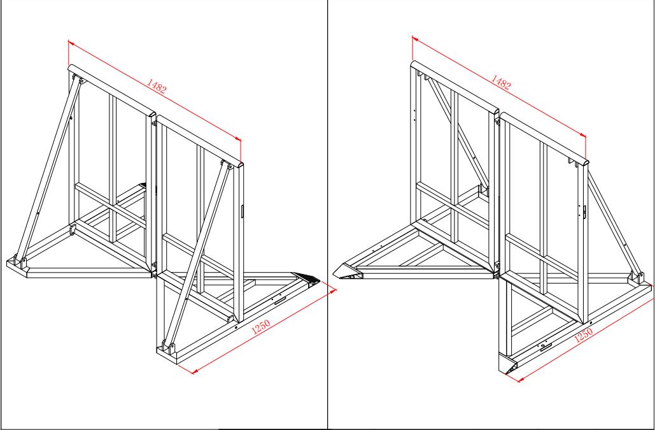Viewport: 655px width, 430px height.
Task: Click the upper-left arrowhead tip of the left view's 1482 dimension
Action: pos(68,41)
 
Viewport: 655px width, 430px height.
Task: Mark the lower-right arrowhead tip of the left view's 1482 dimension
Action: pos(241,140)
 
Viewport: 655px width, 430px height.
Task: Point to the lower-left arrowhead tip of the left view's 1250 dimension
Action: pos(192,373)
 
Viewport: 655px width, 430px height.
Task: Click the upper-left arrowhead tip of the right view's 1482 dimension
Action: pos(412,37)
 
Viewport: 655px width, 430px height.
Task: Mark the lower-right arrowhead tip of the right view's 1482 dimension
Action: pos(586,136)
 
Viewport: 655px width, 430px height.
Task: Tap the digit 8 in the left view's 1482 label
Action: pos(160,87)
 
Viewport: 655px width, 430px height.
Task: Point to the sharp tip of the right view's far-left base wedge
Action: pos(334,274)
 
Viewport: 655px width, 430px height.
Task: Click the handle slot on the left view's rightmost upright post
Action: pos(242,211)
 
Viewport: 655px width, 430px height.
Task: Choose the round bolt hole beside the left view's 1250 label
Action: pos(236,327)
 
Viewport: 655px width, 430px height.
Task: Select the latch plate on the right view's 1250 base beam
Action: pos(545,346)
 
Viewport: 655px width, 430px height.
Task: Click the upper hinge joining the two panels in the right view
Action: pos(498,121)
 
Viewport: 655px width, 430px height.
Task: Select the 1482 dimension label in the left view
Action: pos(156,85)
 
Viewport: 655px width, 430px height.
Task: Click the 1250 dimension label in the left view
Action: pos(261,326)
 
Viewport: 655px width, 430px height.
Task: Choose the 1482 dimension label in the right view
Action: pos(500,82)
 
